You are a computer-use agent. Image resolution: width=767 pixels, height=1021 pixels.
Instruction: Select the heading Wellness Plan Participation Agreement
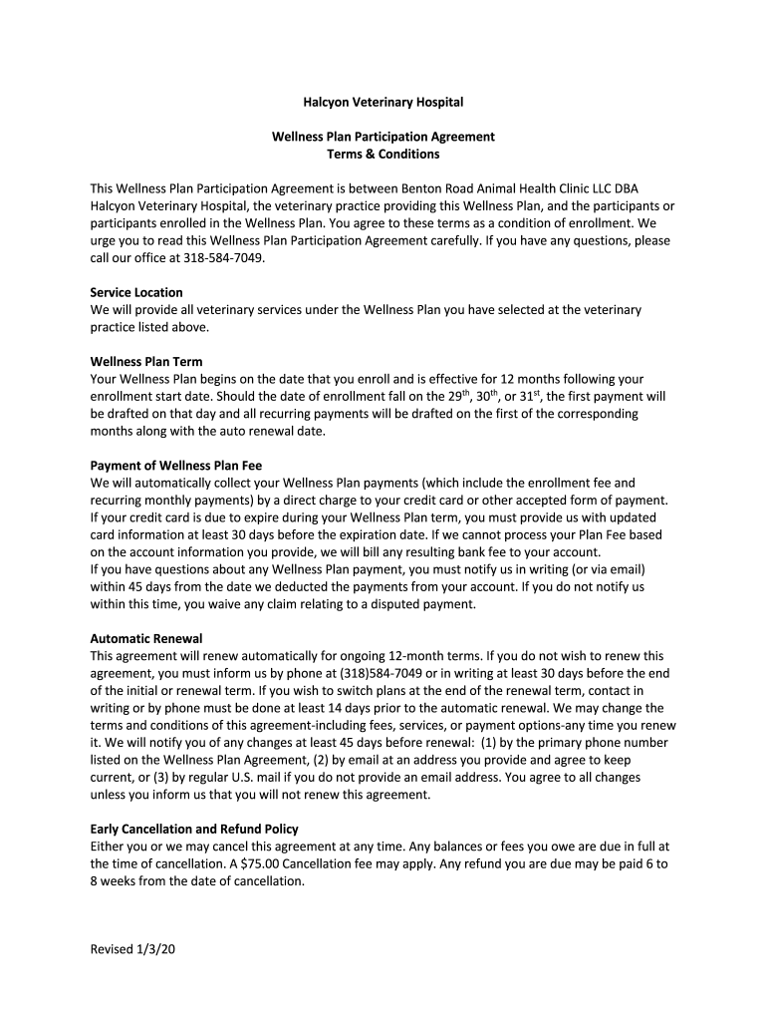(x=383, y=137)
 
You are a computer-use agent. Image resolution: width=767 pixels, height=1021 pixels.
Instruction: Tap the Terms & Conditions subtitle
(x=383, y=155)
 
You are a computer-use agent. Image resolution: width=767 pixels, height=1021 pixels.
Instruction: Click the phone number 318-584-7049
(x=224, y=257)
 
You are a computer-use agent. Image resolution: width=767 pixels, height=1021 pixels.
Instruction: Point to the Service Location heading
(x=136, y=292)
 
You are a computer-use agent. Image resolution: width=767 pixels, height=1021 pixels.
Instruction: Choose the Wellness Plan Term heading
(x=146, y=362)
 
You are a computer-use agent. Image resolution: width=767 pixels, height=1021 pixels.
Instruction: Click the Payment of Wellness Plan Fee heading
(x=176, y=466)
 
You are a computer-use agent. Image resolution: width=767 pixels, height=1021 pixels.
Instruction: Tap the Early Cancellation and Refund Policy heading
(x=194, y=829)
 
